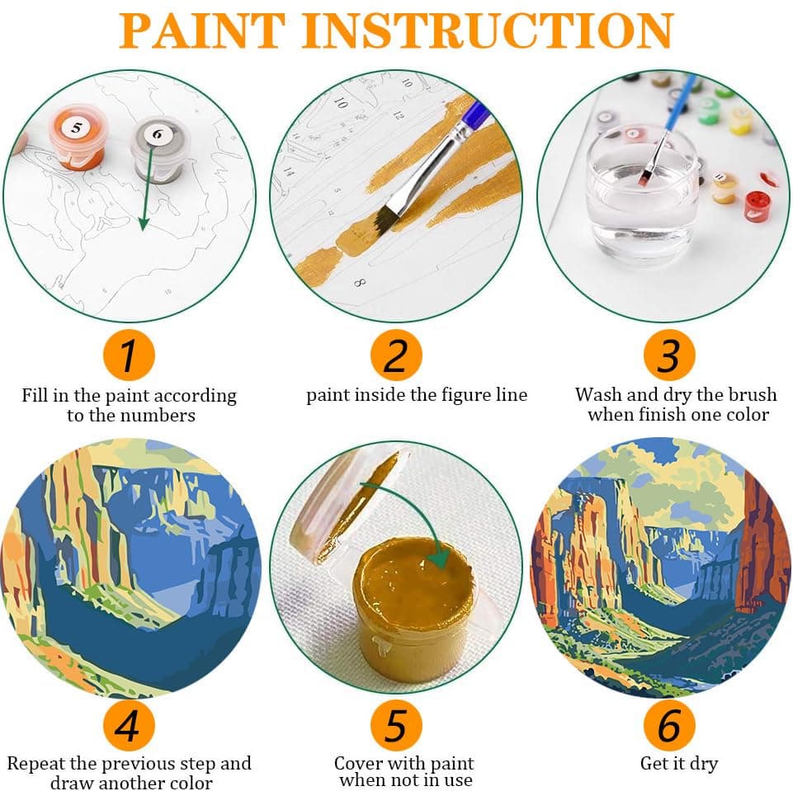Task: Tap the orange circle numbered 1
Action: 129,355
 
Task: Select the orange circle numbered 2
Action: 396,355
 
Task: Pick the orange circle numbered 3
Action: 668,355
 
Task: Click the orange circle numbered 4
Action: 129,726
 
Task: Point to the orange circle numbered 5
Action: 396,726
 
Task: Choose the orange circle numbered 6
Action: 668,726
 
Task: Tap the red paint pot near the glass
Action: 757,205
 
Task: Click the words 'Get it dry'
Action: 678,763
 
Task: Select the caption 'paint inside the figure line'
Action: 417,395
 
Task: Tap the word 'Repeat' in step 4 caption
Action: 38,763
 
